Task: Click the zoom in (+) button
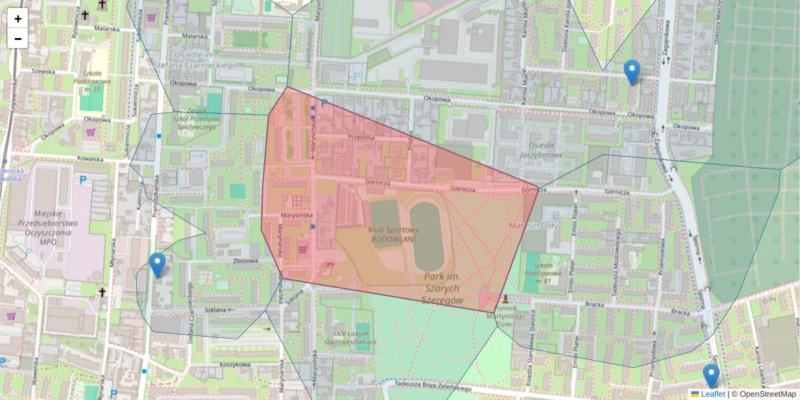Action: [18, 19]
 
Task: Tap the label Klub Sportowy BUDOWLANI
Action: [392, 234]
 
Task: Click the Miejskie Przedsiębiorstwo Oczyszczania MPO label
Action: [57, 223]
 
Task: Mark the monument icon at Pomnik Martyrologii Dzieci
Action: [507, 299]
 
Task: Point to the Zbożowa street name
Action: [246, 260]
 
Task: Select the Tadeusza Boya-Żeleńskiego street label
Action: [433, 387]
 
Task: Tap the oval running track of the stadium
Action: [426, 236]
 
